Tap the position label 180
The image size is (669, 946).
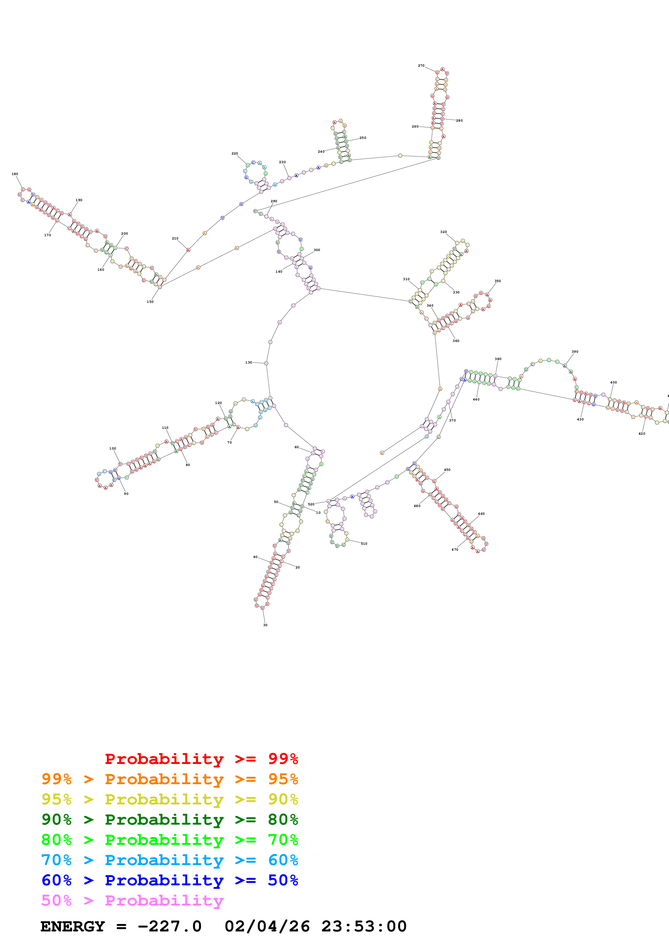pos(15,174)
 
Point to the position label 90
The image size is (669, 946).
pos(126,493)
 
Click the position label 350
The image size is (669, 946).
pos(498,281)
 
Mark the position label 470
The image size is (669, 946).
pos(455,550)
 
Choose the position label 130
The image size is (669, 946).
pos(249,363)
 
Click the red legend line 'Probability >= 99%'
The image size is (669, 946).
pos(201,759)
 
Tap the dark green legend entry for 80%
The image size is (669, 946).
pos(169,820)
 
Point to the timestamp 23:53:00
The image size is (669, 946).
pos(364,926)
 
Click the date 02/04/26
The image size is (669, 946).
pos(267,926)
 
